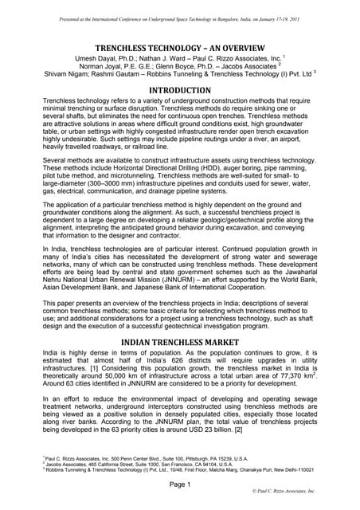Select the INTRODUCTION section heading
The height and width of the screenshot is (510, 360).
(x=180, y=90)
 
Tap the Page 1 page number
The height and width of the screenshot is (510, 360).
(x=180, y=485)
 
